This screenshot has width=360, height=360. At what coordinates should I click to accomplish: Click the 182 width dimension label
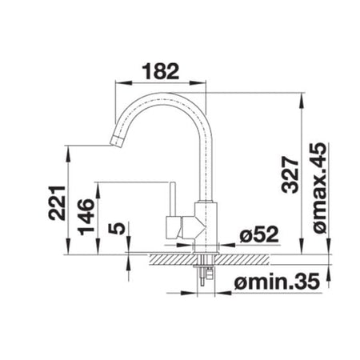(x=160, y=71)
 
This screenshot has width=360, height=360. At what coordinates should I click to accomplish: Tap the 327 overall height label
(x=290, y=175)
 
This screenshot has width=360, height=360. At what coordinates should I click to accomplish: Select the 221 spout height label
(x=57, y=203)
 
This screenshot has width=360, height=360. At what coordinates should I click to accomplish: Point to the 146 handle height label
(x=86, y=217)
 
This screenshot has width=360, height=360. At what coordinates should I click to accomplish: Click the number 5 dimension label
(x=117, y=228)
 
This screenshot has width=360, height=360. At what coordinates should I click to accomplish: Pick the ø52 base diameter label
(x=259, y=234)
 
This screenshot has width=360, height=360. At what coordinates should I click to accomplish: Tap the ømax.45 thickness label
(x=319, y=188)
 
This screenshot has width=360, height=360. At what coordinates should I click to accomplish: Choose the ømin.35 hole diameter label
(x=277, y=282)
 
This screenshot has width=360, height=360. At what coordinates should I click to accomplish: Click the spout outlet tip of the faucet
(x=117, y=141)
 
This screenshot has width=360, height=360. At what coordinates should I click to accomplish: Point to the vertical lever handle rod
(x=173, y=199)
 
